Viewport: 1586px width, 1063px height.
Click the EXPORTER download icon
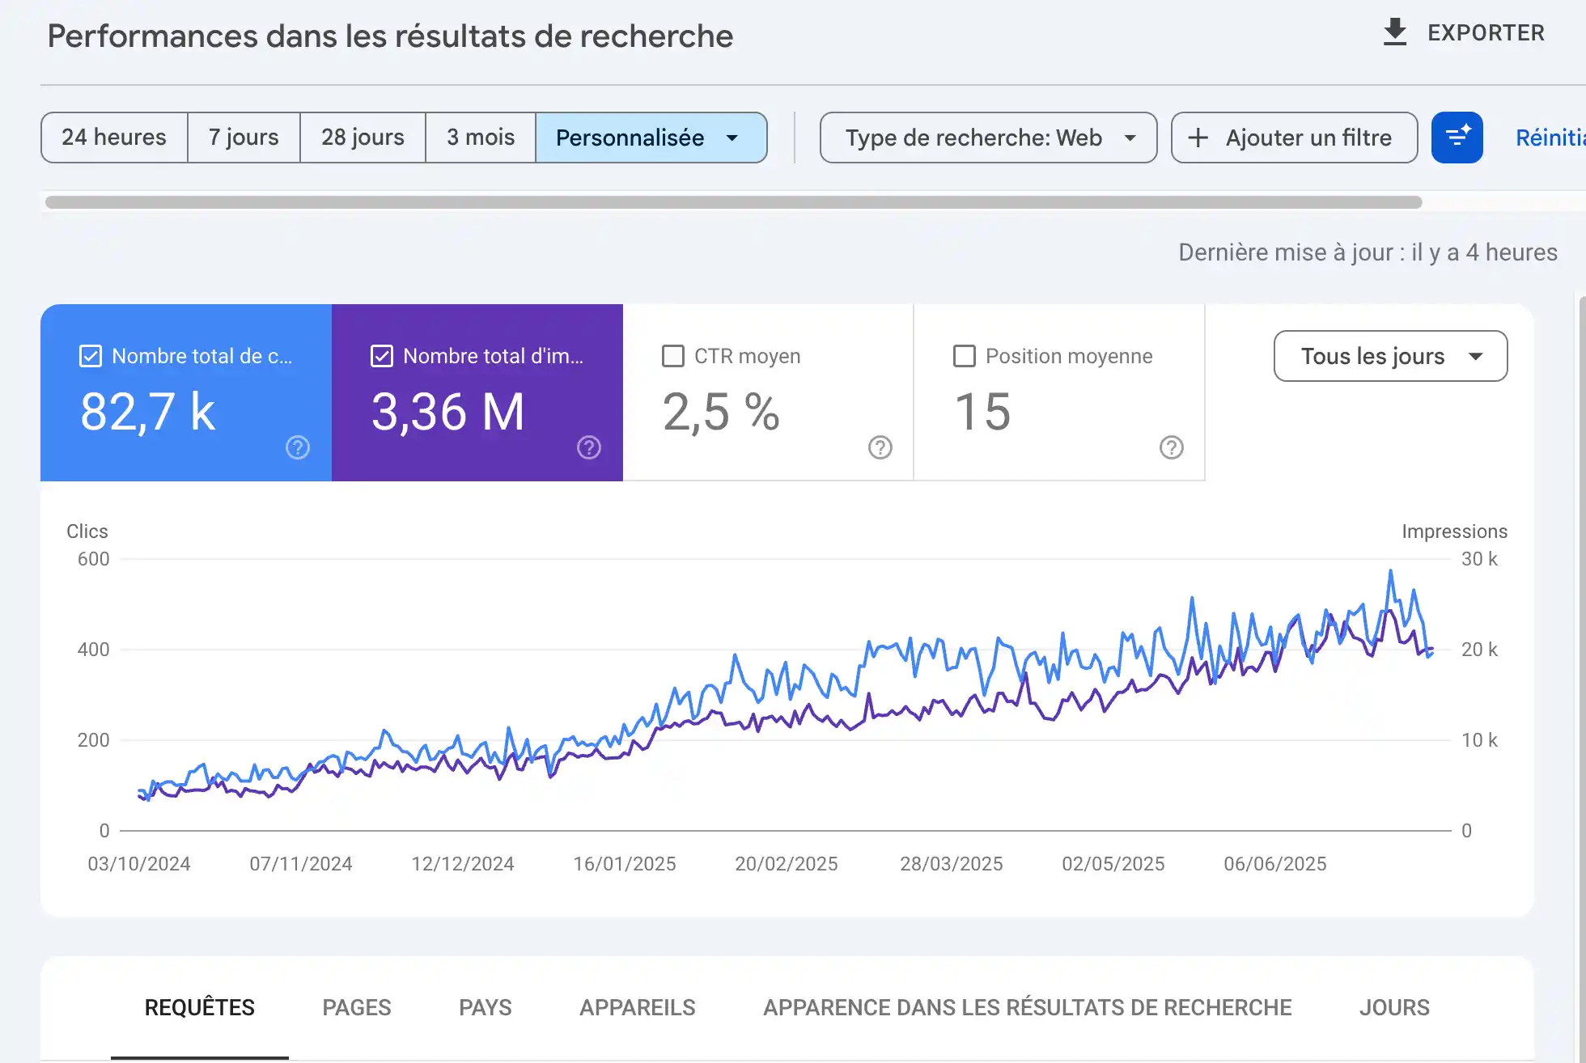[x=1394, y=32]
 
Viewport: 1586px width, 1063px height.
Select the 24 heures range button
[x=114, y=138]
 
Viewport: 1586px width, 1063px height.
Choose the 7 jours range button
[x=244, y=138]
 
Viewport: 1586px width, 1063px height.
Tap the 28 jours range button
[x=363, y=138]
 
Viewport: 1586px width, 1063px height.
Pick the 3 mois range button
[x=481, y=138]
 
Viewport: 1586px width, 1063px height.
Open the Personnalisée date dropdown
[x=650, y=138]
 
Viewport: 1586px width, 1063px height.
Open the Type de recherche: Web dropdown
[x=988, y=138]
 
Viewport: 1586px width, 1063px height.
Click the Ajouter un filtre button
[x=1294, y=138]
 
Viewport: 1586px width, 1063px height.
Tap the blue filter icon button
[x=1457, y=138]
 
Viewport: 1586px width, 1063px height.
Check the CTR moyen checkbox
[x=672, y=356]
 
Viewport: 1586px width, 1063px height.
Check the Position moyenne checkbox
[x=964, y=356]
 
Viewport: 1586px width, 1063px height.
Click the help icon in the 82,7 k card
[x=298, y=447]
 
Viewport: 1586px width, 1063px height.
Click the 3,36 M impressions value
[x=447, y=412]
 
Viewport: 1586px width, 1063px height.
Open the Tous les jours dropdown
[x=1390, y=356]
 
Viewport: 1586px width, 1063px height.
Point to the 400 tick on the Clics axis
[x=93, y=650]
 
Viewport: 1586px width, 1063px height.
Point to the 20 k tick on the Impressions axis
[x=1478, y=650]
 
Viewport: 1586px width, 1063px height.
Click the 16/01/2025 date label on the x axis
[x=624, y=864]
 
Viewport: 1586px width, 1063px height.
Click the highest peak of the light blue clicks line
[x=1391, y=571]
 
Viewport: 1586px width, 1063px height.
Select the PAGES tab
[x=356, y=1007]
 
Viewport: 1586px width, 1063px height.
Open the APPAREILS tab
[x=637, y=1007]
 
